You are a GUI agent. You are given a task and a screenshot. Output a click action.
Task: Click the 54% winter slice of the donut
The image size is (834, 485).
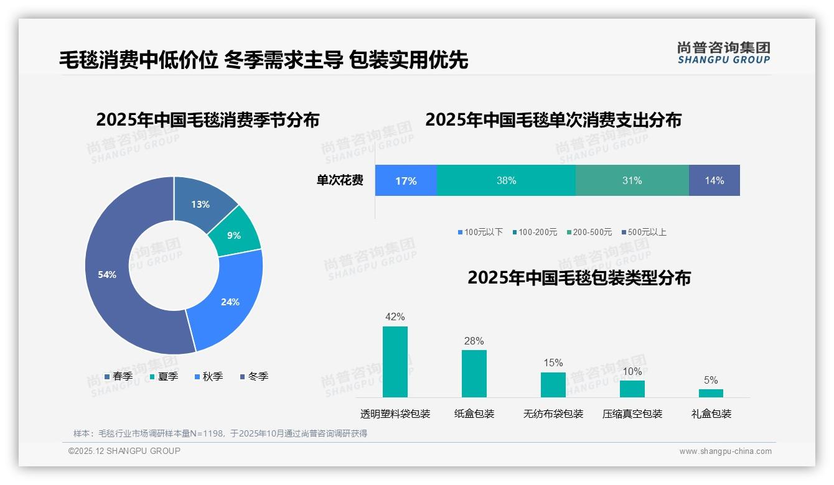(109, 274)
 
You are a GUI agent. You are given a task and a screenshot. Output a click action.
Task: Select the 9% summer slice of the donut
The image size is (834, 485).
(235, 235)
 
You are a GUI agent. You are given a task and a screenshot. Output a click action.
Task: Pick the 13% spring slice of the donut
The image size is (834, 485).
(200, 204)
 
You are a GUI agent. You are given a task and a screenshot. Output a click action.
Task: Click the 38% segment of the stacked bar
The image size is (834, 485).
(506, 180)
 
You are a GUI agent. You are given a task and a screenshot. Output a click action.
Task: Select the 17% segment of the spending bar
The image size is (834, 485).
(406, 180)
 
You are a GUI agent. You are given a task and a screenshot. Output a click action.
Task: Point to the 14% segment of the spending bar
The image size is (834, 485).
(714, 180)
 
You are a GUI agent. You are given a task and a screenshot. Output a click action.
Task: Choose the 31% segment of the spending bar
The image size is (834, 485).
(632, 180)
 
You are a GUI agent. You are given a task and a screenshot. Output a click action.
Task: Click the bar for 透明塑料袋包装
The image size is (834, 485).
(395, 362)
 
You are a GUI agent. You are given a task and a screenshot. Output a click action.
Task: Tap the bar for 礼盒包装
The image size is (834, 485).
(711, 393)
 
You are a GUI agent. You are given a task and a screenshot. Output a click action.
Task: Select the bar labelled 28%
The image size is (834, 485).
(474, 373)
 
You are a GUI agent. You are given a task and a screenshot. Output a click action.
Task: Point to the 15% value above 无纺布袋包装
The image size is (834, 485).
(553, 363)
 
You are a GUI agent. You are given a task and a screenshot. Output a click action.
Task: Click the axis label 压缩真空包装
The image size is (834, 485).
(632, 413)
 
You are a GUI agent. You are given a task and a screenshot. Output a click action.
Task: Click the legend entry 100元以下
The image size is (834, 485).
(480, 232)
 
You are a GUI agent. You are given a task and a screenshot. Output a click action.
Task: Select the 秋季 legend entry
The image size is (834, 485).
(209, 376)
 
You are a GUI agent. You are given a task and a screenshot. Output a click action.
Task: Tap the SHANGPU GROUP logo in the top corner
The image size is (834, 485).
(723, 53)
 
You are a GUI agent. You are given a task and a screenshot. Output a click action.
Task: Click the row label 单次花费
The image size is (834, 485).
(340, 180)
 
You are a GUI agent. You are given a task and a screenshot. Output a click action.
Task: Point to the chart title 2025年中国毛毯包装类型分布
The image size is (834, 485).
(579, 277)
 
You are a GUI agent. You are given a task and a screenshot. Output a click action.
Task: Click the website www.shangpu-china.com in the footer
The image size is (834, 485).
(725, 451)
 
